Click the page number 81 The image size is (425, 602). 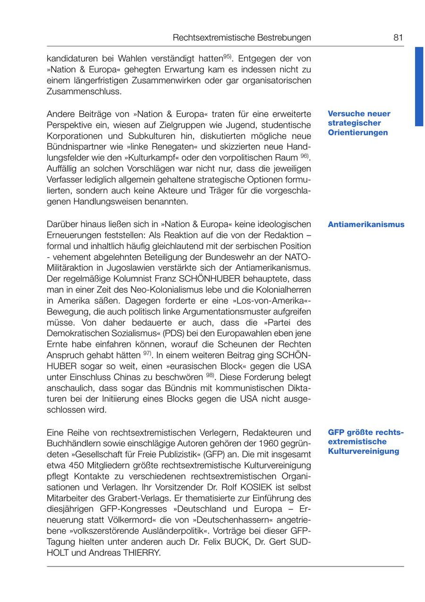[x=398, y=37]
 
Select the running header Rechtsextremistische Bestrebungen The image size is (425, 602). [x=242, y=37]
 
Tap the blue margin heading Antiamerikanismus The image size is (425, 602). [x=366, y=224]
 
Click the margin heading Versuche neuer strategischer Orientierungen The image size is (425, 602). [x=359, y=123]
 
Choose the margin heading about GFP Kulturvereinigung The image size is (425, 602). [x=366, y=442]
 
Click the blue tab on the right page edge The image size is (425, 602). [x=419, y=86]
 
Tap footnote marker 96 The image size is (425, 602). [x=305, y=156]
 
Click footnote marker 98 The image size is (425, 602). [x=211, y=375]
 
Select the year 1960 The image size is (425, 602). [x=262, y=444]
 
